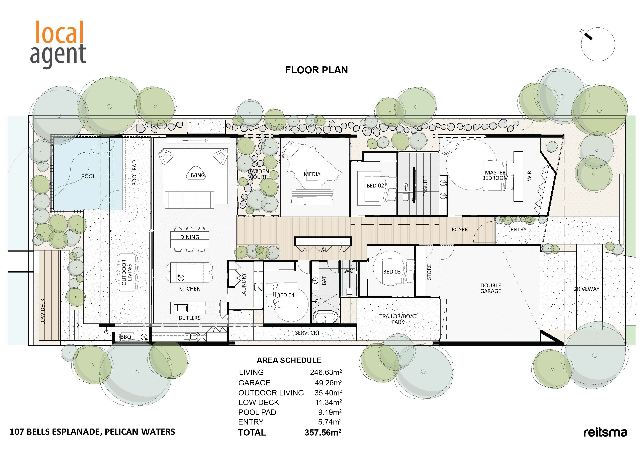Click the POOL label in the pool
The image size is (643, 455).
coord(88,176)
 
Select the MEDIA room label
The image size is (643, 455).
coord(312,174)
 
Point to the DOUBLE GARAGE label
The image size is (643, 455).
coord(491,288)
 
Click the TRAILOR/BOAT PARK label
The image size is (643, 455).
coord(398,319)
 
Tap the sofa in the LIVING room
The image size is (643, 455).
coord(190,200)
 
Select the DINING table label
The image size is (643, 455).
coord(190,237)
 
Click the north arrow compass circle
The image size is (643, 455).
coord(598,44)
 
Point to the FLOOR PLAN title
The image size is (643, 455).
coord(316,70)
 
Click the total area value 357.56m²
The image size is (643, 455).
coord(323,432)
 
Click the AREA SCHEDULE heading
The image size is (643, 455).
coord(289,360)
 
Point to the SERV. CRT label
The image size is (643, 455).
coord(307,333)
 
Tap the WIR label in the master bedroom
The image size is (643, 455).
coord(529,176)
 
